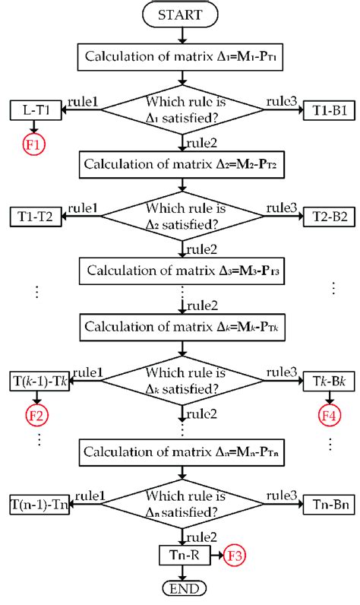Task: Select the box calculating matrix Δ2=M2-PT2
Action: click(x=182, y=163)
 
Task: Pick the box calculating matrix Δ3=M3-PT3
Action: click(x=182, y=271)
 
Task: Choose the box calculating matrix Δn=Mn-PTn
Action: click(x=182, y=452)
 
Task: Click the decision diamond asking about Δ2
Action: click(x=182, y=217)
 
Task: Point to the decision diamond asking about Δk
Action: click(x=182, y=380)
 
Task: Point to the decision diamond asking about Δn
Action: click(x=182, y=504)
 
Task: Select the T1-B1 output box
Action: click(x=329, y=110)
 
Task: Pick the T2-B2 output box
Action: click(x=329, y=217)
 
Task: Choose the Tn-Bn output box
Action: click(x=329, y=503)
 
